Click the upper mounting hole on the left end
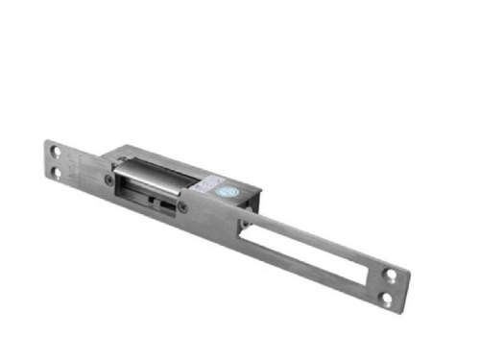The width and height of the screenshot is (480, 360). click(x=57, y=151)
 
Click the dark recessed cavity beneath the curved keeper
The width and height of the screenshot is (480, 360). click(x=144, y=198)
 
